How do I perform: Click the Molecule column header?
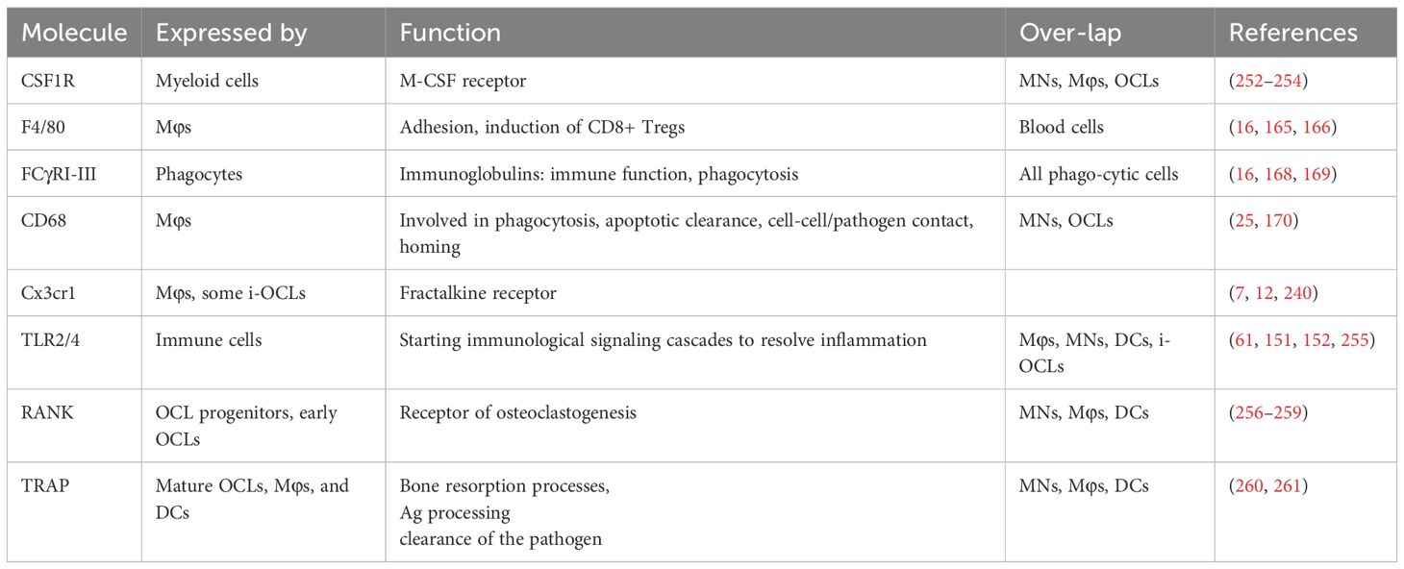(74, 33)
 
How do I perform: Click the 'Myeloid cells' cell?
(207, 81)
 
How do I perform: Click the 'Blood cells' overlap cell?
(1062, 127)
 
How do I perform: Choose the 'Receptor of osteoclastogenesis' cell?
(518, 413)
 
